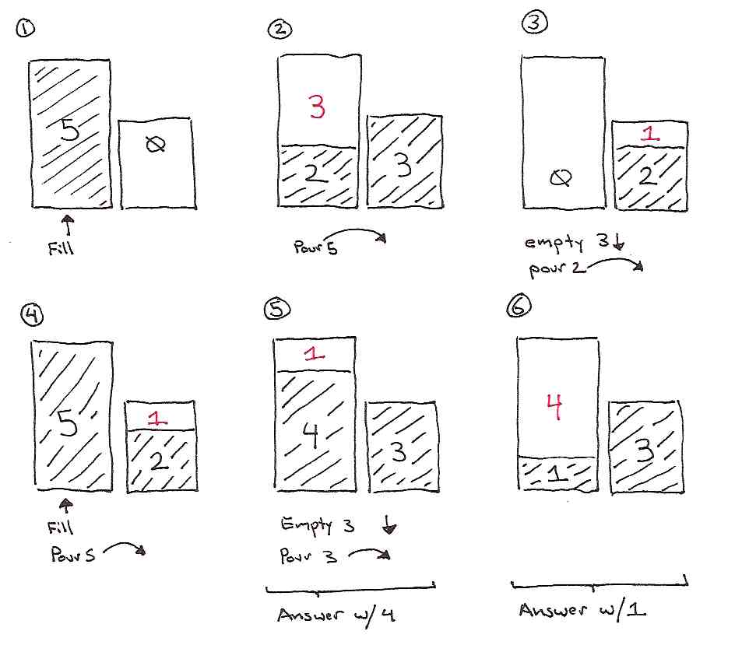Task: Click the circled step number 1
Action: [x=25, y=28]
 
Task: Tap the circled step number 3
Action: [x=535, y=22]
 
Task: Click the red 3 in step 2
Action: [x=317, y=107]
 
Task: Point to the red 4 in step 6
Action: [x=554, y=407]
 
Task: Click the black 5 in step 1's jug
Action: [x=70, y=129]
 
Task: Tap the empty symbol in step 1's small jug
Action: [x=155, y=144]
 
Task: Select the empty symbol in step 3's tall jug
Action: [x=561, y=178]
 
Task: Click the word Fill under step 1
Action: [x=61, y=247]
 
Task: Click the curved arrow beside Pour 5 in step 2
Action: [x=356, y=231]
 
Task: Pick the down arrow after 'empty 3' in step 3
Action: [x=618, y=241]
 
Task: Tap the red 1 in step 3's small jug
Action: [x=650, y=134]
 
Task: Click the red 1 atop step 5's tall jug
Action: [x=315, y=353]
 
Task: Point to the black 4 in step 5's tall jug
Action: [x=311, y=434]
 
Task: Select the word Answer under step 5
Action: [x=311, y=615]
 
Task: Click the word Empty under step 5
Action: [x=307, y=524]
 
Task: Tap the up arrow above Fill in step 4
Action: [x=66, y=506]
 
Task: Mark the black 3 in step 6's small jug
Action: [x=645, y=450]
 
